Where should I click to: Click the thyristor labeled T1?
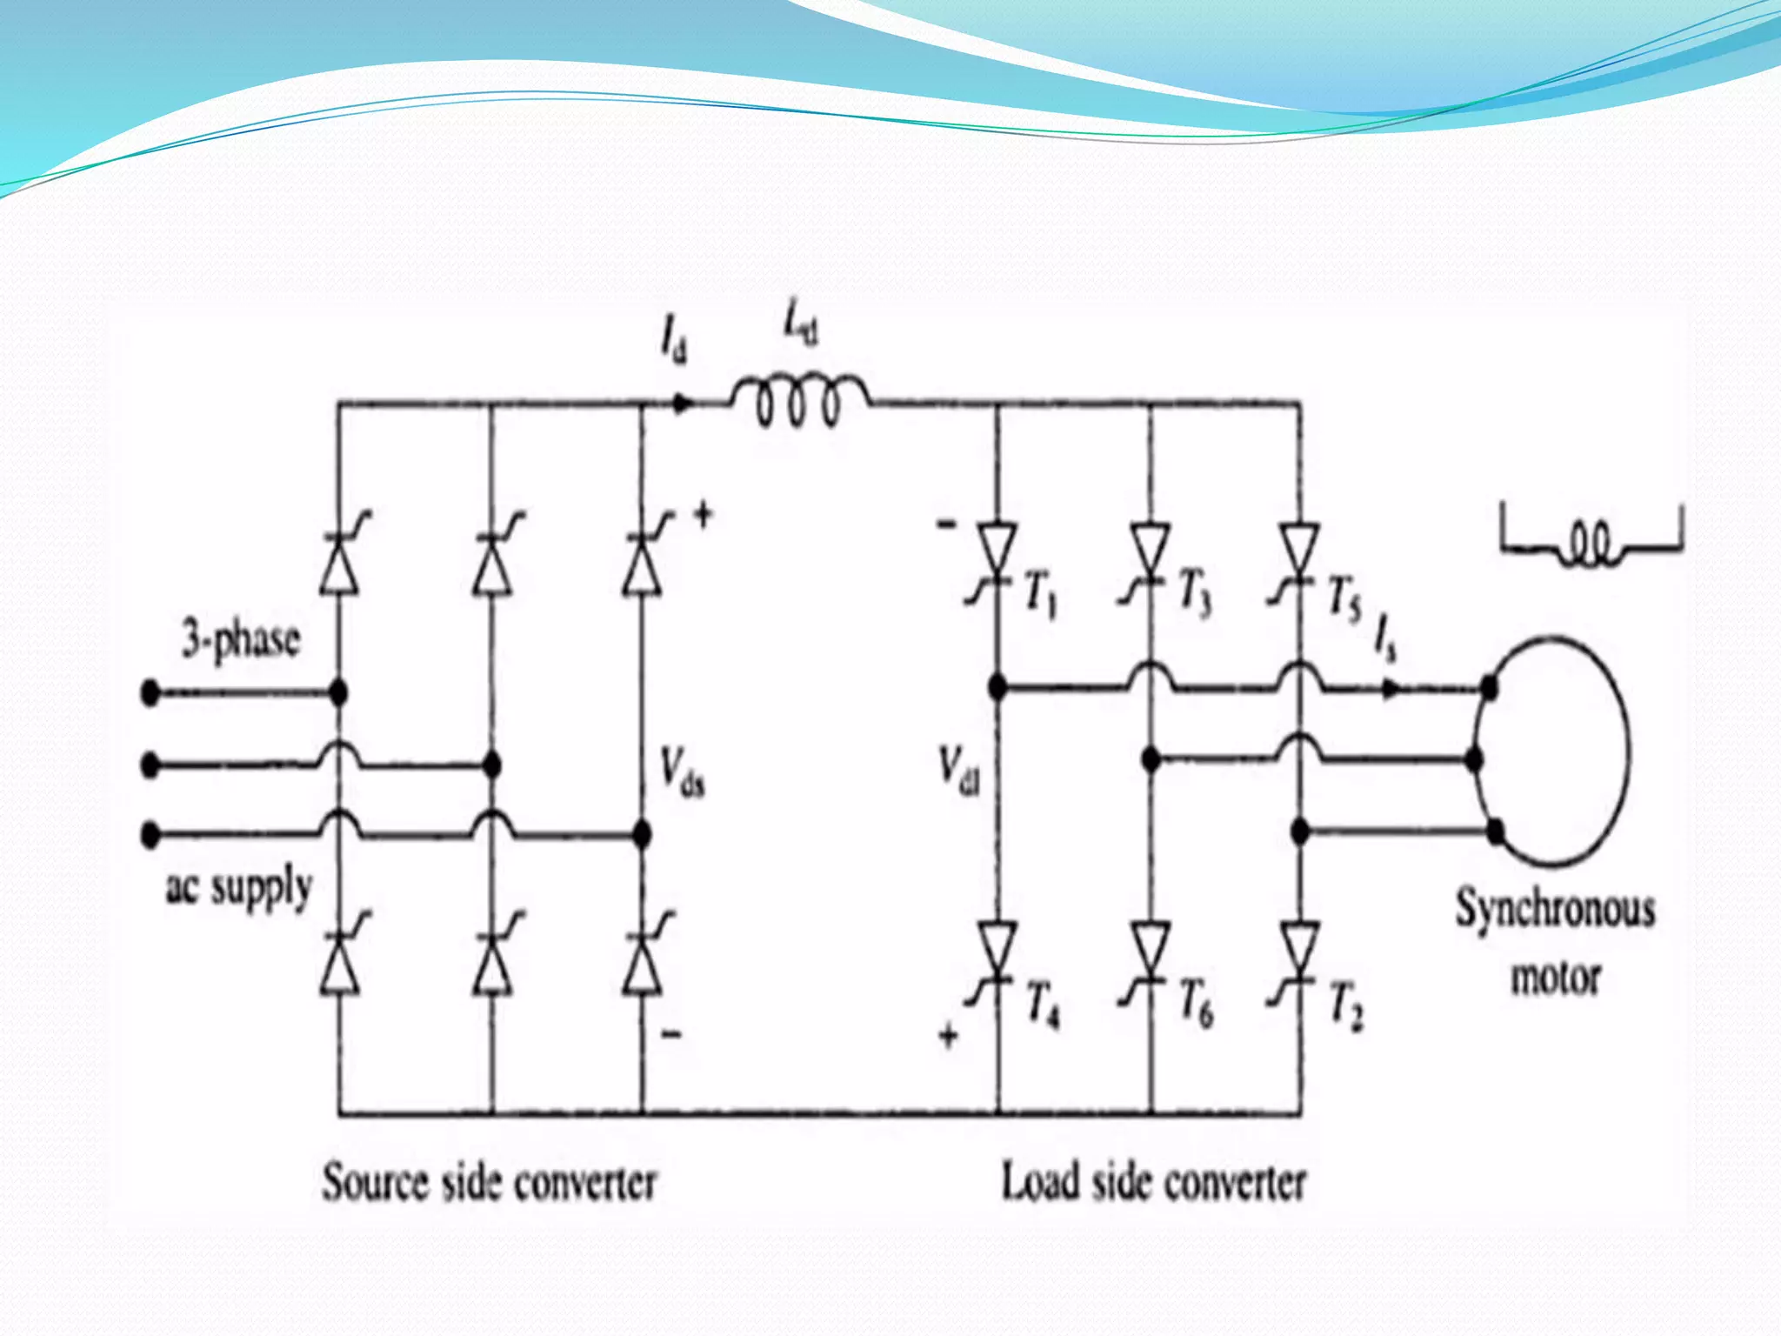pos(997,553)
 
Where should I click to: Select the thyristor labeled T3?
pos(1150,553)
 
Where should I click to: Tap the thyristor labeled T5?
pos(1299,553)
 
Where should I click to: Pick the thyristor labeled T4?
pos(997,952)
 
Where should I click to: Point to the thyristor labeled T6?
pos(1150,952)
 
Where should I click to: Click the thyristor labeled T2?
pos(1299,952)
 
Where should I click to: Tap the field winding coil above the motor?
pos(1591,548)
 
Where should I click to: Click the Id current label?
pos(673,339)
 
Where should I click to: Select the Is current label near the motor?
pos(1384,640)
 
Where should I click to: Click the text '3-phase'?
pos(240,640)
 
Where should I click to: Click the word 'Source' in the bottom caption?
pos(376,1183)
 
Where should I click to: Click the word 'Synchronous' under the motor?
pos(1555,910)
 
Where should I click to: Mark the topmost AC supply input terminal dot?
pos(150,693)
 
